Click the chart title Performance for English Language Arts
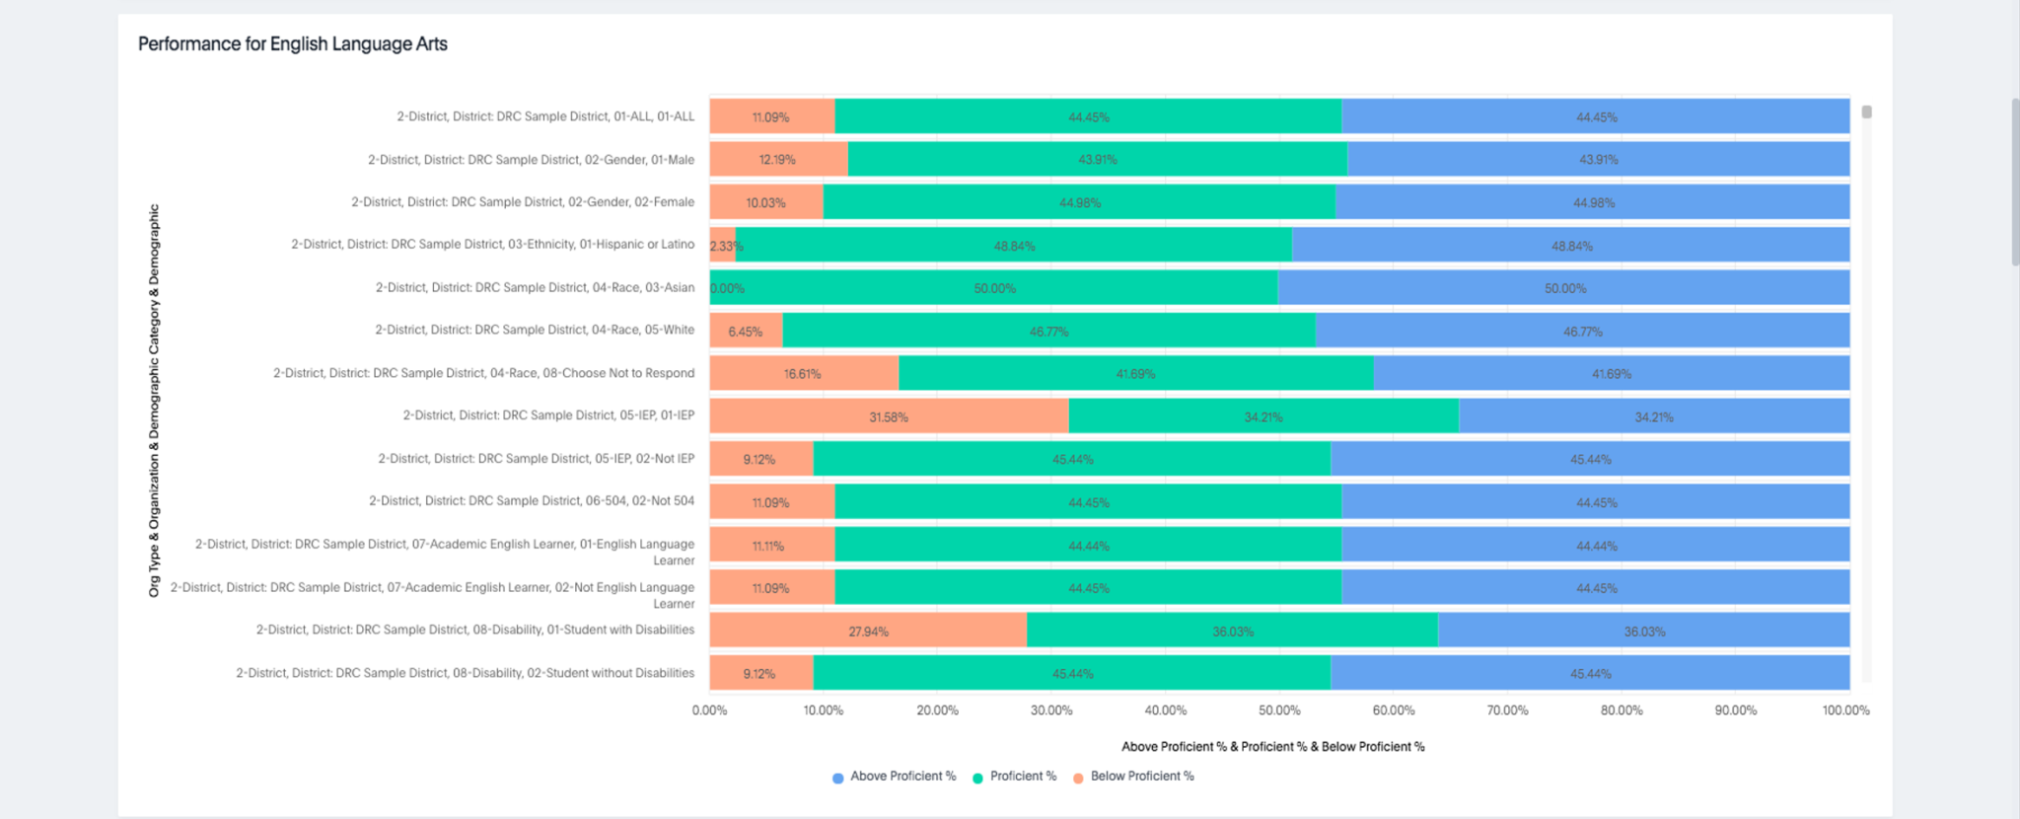coord(292,43)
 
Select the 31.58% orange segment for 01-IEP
coord(888,416)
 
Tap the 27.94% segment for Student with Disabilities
coord(868,631)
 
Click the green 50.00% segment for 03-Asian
coord(994,288)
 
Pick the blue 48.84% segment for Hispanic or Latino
coord(1571,246)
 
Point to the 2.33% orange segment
coord(723,246)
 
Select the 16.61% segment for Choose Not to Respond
coord(803,374)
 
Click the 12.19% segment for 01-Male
coord(777,160)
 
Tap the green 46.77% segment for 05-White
coord(1048,332)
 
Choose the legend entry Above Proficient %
coord(894,777)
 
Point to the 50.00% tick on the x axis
coord(1279,710)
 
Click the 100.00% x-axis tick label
coord(1845,710)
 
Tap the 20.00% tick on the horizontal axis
coord(937,710)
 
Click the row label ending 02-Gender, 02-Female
coord(523,202)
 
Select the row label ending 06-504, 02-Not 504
coord(532,501)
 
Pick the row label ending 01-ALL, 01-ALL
coord(545,116)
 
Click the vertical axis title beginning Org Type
coord(154,400)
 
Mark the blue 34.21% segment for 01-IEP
coord(1653,416)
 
